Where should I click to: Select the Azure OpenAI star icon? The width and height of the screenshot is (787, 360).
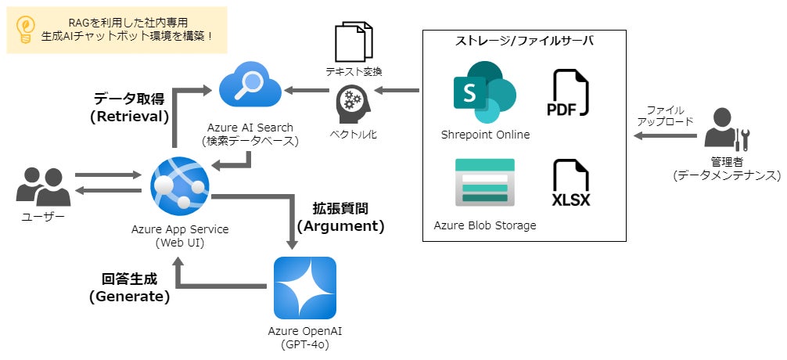tap(305, 287)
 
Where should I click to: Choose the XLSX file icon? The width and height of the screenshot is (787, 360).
tap(570, 184)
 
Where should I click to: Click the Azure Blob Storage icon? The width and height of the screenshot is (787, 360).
tap(485, 183)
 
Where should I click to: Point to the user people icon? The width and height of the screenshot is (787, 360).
tap(43, 187)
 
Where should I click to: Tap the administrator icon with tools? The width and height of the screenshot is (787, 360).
tap(726, 129)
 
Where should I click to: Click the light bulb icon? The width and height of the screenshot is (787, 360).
tap(25, 29)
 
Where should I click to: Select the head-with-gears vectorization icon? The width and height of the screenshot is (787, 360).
tap(353, 103)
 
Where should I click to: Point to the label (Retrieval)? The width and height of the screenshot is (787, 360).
tap(129, 117)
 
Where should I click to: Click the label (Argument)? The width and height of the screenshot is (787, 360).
tap(340, 226)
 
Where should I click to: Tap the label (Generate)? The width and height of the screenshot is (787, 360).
tap(129, 297)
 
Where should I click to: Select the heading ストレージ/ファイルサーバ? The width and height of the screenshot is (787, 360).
tap(523, 41)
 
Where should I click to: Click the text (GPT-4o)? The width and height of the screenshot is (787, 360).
tap(305, 344)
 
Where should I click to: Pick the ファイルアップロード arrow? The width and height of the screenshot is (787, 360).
tap(665, 136)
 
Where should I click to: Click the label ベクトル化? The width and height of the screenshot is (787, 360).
tap(353, 135)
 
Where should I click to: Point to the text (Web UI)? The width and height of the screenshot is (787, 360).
tap(180, 243)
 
